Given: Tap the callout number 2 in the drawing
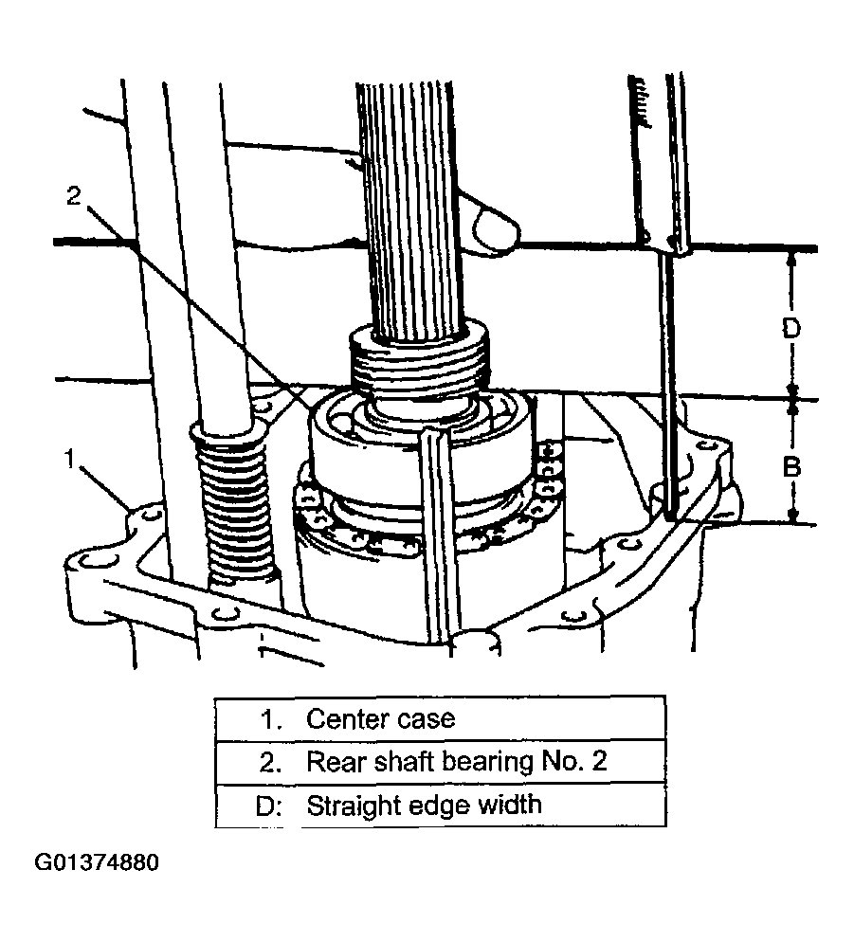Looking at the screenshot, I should click(76, 196).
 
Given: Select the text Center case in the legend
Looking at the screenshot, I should click(380, 718).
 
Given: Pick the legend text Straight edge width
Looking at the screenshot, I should click(424, 806).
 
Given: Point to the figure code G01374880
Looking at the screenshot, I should click(97, 863).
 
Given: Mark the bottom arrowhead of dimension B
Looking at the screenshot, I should click(791, 516).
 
